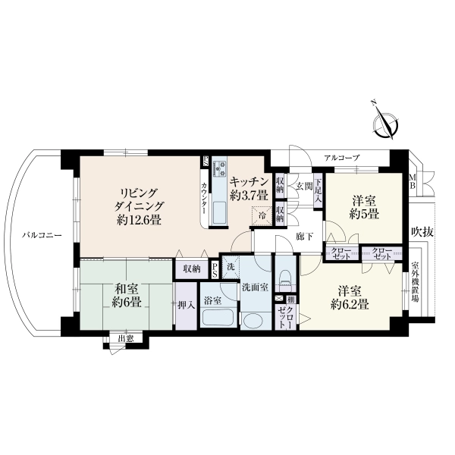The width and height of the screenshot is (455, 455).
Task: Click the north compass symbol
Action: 386,122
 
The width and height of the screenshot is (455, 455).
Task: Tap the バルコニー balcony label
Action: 42,235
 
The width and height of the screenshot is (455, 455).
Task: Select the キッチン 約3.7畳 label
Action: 249,189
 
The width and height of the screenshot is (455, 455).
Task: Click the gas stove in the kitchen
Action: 220,168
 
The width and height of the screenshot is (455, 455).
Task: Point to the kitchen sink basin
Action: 220,212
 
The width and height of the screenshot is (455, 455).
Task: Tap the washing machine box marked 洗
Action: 231,267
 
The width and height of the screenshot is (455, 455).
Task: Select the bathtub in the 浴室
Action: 218,318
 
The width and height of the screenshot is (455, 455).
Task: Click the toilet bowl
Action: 286,278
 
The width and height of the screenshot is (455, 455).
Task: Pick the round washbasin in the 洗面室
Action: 256,321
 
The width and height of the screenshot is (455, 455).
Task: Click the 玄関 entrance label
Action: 304,187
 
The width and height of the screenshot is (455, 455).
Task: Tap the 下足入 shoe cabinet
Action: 318,190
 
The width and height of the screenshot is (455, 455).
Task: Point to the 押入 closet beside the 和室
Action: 187,306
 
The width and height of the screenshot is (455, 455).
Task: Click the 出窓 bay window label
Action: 126,338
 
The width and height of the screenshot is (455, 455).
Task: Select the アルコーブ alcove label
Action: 342,158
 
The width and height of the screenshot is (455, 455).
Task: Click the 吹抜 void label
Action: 422,232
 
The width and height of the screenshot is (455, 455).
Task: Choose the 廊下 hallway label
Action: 305,237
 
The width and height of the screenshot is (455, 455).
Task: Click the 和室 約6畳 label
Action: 127,295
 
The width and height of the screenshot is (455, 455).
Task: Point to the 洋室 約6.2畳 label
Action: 350,297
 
